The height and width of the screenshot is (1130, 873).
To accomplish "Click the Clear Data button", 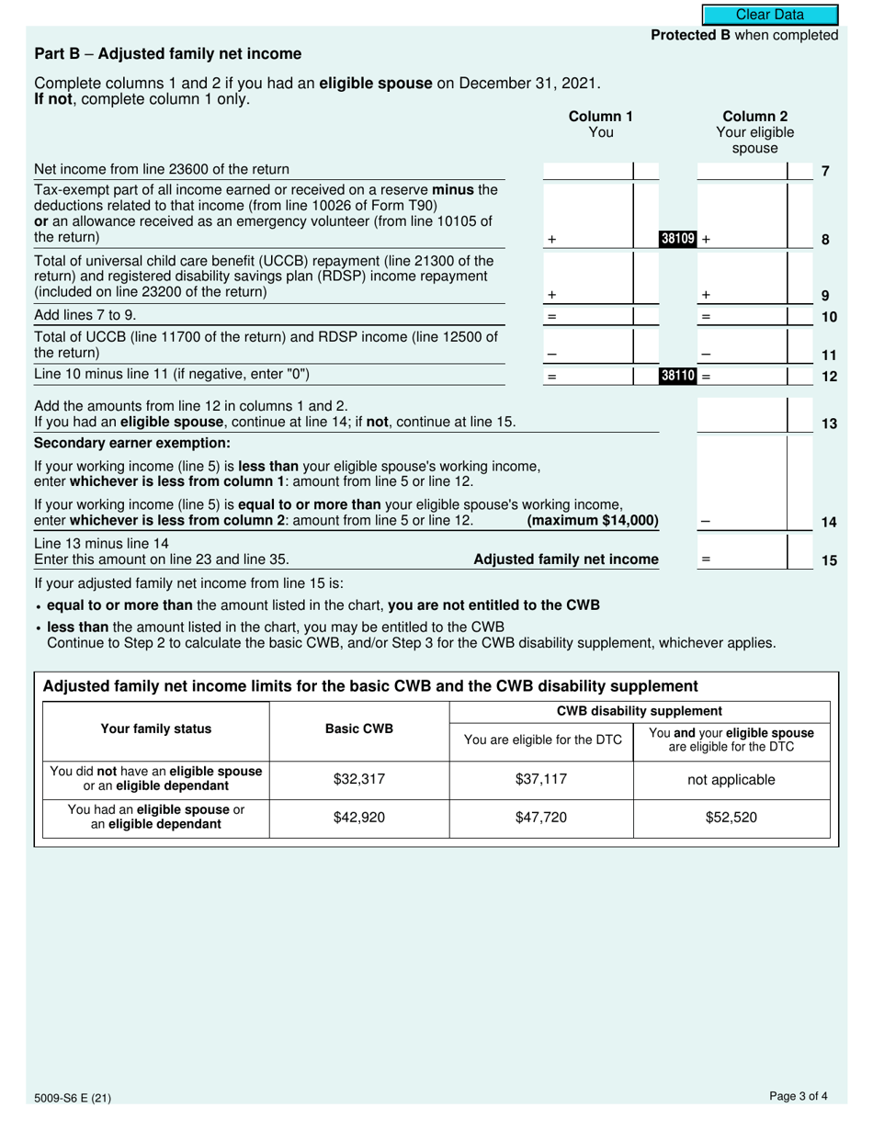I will tap(770, 15).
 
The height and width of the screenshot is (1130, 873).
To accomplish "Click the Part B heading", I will tap(167, 54).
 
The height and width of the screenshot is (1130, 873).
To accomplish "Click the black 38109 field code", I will tap(678, 239).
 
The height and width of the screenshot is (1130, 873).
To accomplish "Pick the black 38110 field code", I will tap(678, 375).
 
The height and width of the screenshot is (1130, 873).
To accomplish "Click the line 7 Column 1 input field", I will tap(588, 170).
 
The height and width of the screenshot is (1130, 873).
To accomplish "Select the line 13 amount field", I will tap(743, 415).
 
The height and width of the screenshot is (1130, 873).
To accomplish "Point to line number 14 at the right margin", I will tap(828, 522).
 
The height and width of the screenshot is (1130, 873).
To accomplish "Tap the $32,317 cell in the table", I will tap(359, 780).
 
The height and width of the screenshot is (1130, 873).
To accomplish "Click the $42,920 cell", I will tap(359, 817).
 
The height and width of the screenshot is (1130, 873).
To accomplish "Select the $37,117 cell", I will tap(541, 780).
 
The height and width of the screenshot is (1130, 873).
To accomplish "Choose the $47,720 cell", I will tap(541, 817).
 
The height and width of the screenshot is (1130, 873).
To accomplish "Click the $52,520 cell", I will tap(731, 817).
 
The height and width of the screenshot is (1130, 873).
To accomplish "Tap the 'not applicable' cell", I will tap(731, 780).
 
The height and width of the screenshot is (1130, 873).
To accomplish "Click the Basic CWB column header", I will tap(359, 729).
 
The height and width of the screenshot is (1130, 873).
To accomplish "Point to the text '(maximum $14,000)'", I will tap(593, 521).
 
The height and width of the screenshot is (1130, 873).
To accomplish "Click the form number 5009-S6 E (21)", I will tap(73, 1097).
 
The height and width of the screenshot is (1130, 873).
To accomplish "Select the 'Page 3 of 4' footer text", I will tap(799, 1095).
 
